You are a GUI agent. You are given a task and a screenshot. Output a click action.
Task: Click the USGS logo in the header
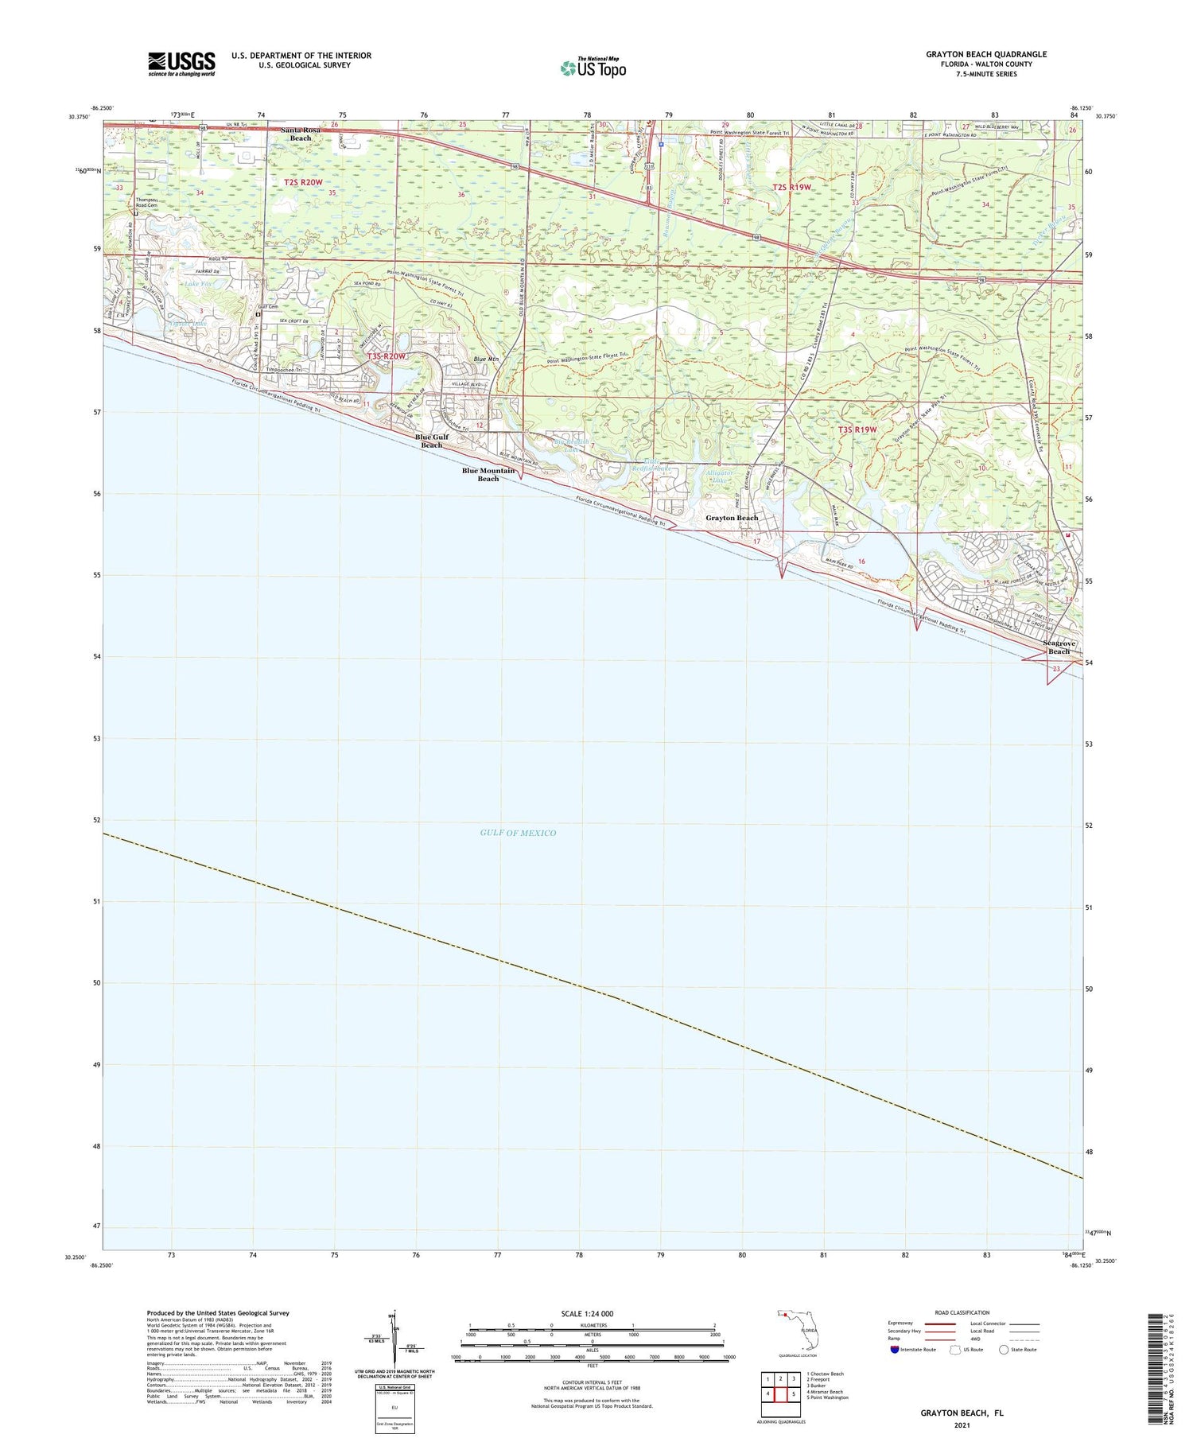click(x=181, y=64)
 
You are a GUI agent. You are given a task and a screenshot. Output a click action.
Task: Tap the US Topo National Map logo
click(x=593, y=68)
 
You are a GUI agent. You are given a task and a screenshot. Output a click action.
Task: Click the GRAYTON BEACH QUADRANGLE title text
click(x=985, y=54)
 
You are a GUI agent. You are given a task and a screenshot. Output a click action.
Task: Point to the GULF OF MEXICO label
click(x=518, y=833)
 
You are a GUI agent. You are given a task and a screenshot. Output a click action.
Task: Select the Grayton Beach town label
click(x=732, y=518)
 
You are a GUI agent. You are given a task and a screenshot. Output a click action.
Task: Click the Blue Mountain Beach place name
click(x=488, y=475)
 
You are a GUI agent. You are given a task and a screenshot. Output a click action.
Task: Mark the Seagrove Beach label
click(x=1059, y=647)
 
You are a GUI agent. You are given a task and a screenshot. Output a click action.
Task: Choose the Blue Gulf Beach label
click(x=431, y=441)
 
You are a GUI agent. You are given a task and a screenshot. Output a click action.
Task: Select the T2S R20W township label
click(x=303, y=182)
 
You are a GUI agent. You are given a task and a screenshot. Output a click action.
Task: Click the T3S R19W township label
click(x=857, y=429)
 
